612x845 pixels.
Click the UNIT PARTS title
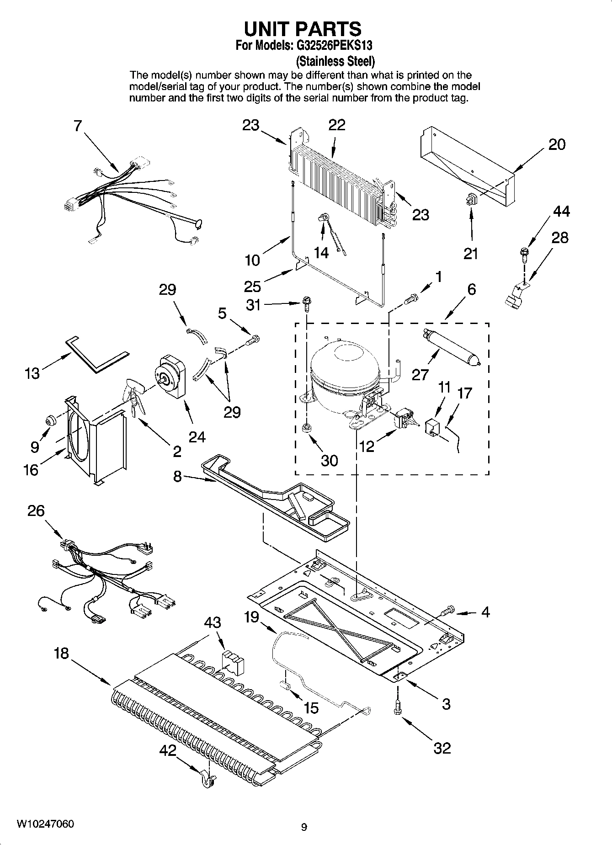click(303, 29)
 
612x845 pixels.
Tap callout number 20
click(557, 145)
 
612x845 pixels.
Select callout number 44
click(561, 211)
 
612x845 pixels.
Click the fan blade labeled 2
click(134, 395)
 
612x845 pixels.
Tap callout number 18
click(61, 654)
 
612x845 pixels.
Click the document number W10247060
click(45, 824)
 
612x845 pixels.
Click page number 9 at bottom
click(304, 827)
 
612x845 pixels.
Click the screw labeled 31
click(306, 303)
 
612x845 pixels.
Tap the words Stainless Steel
click(335, 61)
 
